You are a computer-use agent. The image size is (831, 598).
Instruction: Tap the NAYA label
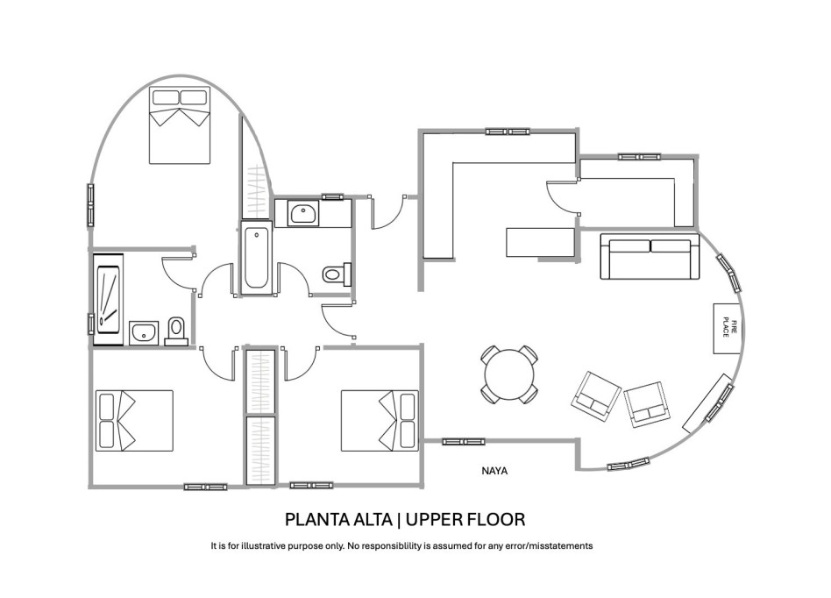[x=495, y=471]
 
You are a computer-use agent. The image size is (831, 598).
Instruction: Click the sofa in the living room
[x=650, y=257]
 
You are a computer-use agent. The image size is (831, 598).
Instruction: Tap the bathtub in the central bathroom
[x=256, y=258]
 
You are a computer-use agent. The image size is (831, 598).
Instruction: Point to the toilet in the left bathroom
[x=176, y=331]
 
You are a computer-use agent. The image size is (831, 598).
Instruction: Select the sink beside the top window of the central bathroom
[x=304, y=213]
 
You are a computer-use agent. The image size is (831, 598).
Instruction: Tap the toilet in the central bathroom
[x=336, y=274]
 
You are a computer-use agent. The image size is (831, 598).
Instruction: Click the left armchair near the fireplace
[x=597, y=394]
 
